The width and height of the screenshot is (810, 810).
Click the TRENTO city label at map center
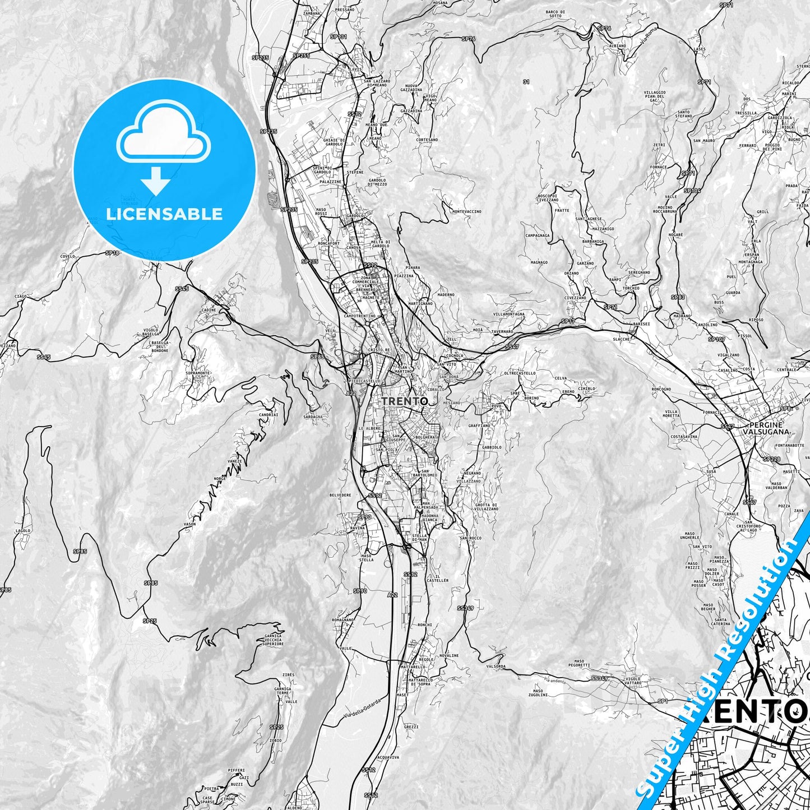pos(405,401)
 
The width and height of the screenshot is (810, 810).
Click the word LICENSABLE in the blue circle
pos(165,214)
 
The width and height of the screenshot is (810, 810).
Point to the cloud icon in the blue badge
pos(163,133)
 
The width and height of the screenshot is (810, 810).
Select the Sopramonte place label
pos(198,372)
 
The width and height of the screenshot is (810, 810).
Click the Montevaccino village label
pos(466,211)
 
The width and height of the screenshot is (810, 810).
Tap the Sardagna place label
pos(312,416)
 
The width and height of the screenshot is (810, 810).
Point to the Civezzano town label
pos(575,298)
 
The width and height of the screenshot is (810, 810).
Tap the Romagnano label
pos(343,620)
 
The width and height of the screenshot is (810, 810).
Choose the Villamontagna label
pos(508,314)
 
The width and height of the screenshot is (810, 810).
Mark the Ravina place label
pos(357,528)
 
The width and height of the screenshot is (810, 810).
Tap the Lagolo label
pos(23,530)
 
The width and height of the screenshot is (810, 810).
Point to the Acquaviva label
pos(388,757)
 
